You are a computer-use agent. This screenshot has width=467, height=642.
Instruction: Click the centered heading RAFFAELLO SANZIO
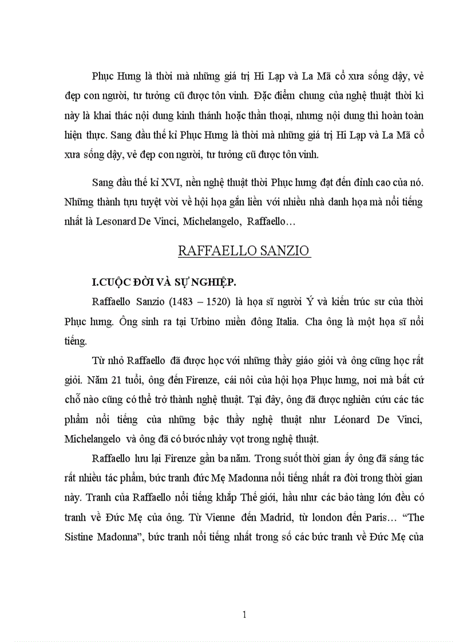[x=244, y=250]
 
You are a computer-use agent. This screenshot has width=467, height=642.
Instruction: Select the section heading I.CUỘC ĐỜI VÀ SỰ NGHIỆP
[x=164, y=281]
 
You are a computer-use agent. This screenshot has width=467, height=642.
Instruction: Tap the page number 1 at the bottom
[x=244, y=615]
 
